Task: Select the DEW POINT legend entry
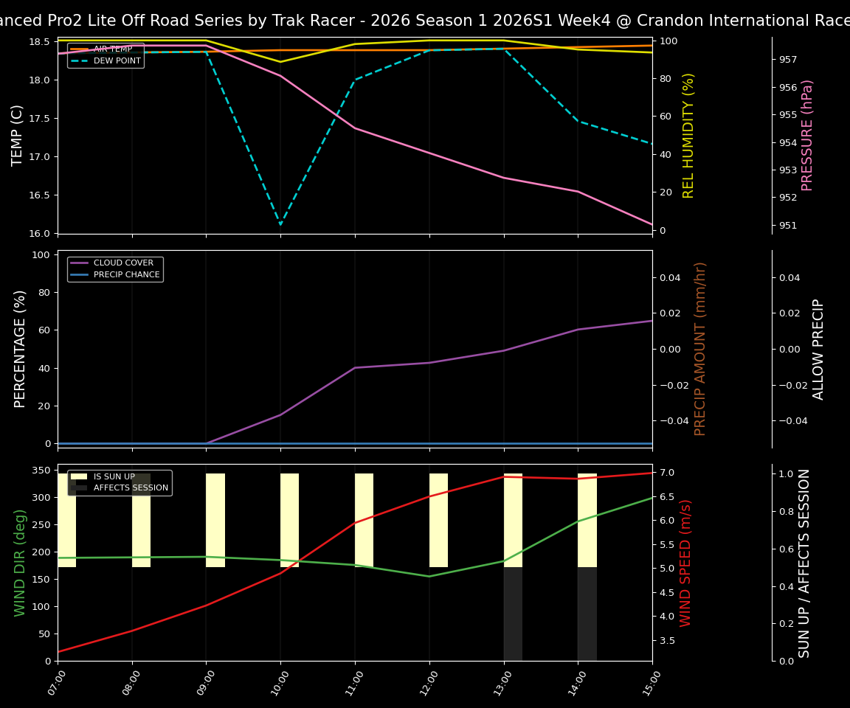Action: (117, 61)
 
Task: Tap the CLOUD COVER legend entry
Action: (123, 263)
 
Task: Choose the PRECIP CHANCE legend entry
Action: (126, 275)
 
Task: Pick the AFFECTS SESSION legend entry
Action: (131, 488)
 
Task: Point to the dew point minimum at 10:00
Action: (280, 225)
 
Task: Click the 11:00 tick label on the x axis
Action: (350, 682)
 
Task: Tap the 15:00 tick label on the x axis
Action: (648, 682)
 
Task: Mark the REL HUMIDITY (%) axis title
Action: (688, 135)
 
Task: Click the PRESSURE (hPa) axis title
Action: (807, 135)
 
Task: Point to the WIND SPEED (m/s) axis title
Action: (686, 562)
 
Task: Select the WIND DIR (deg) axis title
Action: (20, 562)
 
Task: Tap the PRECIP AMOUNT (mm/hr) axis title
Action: (700, 348)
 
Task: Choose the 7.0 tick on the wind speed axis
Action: (666, 473)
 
